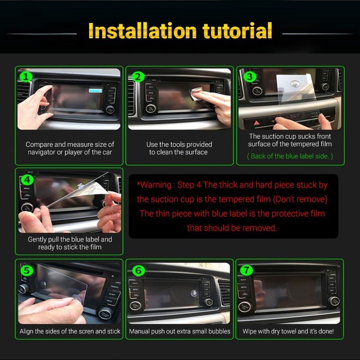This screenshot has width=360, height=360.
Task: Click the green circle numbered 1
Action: [x=26, y=76]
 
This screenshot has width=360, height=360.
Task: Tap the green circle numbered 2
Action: [x=138, y=76]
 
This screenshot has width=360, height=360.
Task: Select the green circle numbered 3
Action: [x=250, y=76]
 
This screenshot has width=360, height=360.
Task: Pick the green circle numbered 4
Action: [x=27, y=180]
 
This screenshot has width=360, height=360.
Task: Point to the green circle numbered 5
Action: [x=27, y=270]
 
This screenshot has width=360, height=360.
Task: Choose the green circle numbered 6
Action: [x=139, y=270]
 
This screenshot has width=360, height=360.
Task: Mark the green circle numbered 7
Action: [x=246, y=270]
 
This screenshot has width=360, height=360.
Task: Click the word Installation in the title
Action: [x=142, y=30]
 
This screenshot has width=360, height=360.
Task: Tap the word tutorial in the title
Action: [x=238, y=30]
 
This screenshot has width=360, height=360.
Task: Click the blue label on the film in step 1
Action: [x=95, y=90]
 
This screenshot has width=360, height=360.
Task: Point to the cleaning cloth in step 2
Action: [x=194, y=94]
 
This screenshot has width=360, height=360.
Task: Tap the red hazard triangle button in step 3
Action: [x=256, y=123]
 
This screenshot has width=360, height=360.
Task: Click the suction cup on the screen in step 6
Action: [x=194, y=293]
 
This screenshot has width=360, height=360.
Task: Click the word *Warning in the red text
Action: [x=154, y=185]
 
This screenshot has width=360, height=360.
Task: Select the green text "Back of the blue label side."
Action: [x=290, y=156]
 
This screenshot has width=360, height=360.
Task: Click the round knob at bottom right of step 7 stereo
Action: [x=334, y=301]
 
